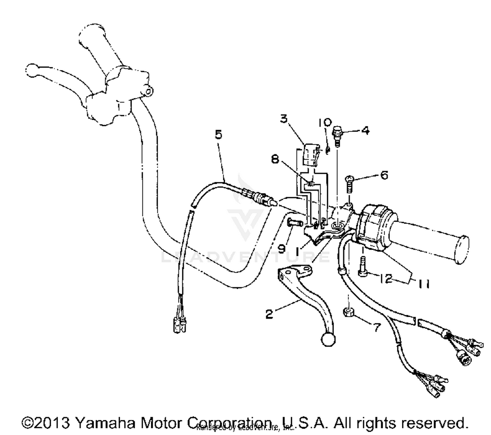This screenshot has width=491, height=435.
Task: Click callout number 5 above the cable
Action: pos(218,135)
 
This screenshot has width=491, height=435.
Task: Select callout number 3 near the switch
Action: pos(283,118)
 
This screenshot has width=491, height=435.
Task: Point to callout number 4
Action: pos(365,131)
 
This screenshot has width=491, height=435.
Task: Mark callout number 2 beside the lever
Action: pos(269,314)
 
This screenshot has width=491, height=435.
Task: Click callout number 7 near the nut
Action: pos(377,327)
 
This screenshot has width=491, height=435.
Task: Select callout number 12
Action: pos(386,279)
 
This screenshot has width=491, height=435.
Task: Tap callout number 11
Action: pos(424,284)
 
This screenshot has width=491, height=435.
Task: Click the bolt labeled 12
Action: pos(362,267)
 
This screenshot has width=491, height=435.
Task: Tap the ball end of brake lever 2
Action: pos(329,339)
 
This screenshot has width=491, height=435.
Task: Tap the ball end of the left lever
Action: pos(32,70)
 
